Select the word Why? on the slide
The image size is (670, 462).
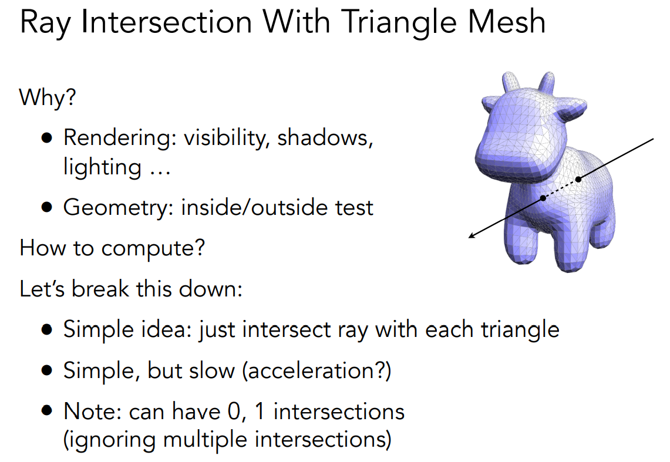point(48,98)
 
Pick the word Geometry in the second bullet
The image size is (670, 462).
point(118,208)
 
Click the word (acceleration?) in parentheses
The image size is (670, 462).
point(317,370)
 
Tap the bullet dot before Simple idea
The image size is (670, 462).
point(47,330)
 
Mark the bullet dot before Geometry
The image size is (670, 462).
point(47,207)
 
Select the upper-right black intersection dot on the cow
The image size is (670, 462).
point(578,179)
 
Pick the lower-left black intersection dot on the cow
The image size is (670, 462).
point(543,198)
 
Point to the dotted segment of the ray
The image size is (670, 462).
point(561,188)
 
